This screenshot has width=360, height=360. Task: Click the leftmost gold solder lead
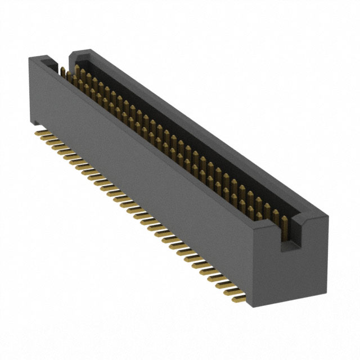[x=40, y=134]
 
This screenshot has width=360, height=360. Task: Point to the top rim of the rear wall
[x=197, y=129]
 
